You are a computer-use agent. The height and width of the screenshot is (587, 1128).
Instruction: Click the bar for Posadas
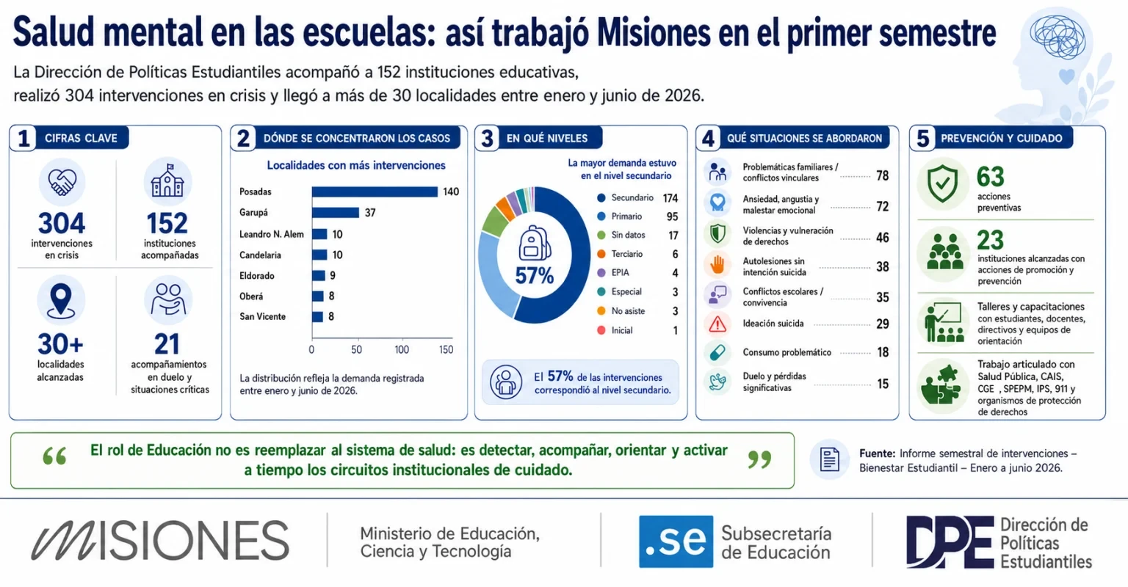tap(375, 192)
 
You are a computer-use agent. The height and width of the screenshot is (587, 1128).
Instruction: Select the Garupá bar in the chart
tap(336, 213)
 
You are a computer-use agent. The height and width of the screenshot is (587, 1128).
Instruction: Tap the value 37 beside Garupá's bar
tap(370, 213)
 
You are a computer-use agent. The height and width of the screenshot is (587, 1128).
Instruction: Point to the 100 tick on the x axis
tap(402, 349)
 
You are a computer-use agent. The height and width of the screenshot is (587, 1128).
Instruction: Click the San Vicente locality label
tap(262, 316)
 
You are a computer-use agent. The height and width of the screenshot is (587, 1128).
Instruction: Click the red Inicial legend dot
tap(601, 330)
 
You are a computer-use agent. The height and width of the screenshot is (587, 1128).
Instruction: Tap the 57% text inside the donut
tap(535, 276)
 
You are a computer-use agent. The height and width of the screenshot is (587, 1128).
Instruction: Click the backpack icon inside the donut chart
tap(535, 244)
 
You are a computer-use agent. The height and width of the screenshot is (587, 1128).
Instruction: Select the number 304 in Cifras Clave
tap(62, 223)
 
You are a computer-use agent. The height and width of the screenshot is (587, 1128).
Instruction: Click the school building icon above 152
tap(167, 181)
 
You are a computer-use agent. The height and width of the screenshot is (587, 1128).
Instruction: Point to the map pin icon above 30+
tap(61, 301)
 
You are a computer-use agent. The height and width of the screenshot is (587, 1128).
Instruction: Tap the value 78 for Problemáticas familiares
tap(882, 175)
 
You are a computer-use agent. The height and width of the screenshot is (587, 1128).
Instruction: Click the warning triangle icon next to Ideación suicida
tap(717, 324)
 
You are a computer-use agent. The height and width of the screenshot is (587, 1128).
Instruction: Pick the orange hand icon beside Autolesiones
tap(717, 265)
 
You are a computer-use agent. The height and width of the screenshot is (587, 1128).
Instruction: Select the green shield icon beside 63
tap(943, 183)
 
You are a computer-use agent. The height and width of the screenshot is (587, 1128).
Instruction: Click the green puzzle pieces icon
tap(941, 384)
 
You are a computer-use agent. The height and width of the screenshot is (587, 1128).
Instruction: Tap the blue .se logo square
tap(676, 542)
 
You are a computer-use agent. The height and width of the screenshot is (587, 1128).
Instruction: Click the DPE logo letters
tap(950, 542)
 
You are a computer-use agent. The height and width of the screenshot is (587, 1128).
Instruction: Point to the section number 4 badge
tap(709, 139)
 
